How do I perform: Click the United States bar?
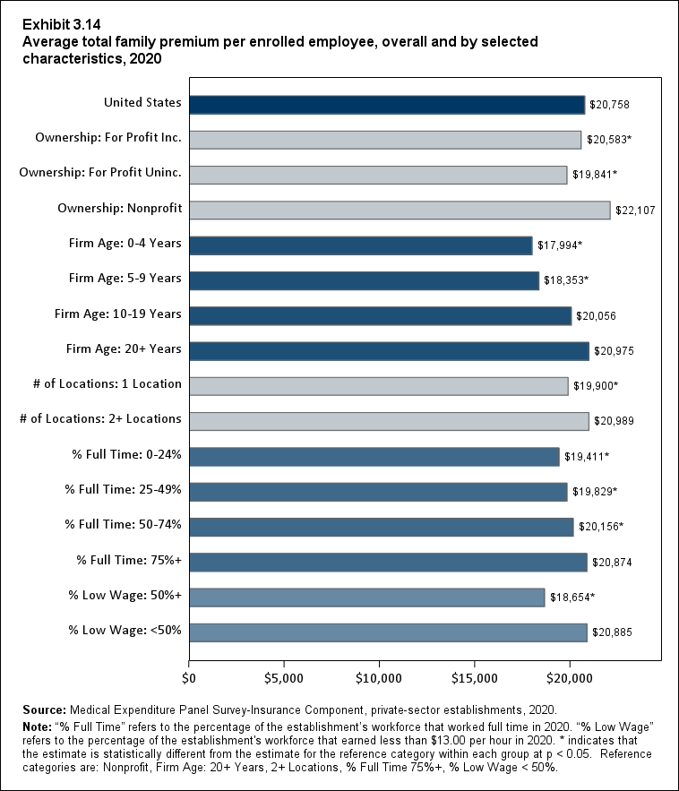click(x=386, y=105)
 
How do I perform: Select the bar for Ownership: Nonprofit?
click(x=400, y=210)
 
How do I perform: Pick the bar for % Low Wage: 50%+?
click(x=366, y=597)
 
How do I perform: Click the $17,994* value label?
click(x=560, y=245)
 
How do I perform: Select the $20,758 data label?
click(x=610, y=106)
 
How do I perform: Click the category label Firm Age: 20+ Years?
click(x=124, y=348)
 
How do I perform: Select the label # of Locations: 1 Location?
click(x=107, y=383)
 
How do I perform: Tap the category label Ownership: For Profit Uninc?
click(x=100, y=173)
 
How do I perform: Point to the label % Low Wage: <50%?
click(x=125, y=630)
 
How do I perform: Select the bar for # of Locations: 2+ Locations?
click(x=389, y=421)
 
